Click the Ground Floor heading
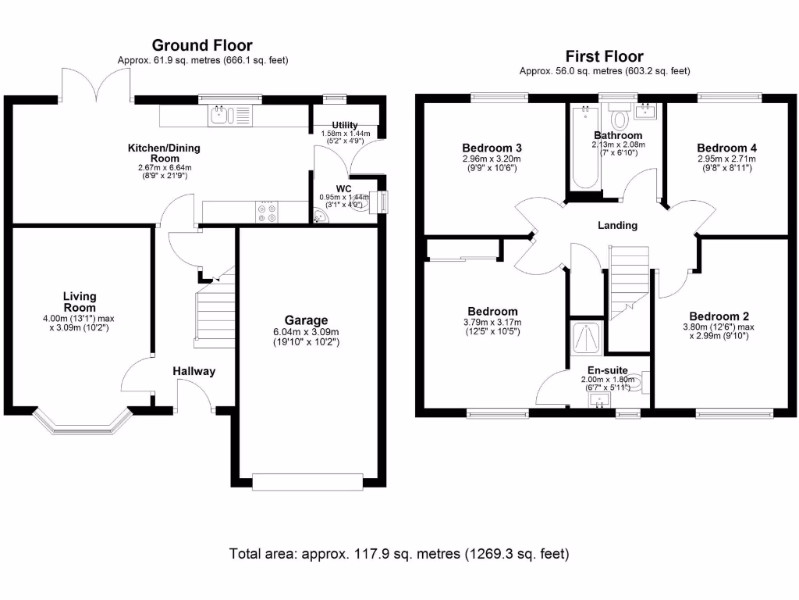(x=201, y=46)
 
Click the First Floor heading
(x=604, y=56)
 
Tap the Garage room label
(x=306, y=320)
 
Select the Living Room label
(x=80, y=302)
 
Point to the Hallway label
(x=194, y=371)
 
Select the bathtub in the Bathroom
(x=584, y=148)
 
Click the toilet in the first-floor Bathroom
(x=621, y=119)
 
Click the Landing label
(x=617, y=226)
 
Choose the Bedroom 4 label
(x=726, y=148)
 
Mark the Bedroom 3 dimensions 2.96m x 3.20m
(x=492, y=159)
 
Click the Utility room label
(x=344, y=125)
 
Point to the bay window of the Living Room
(x=80, y=423)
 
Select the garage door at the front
(x=308, y=482)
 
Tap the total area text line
(x=399, y=554)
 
